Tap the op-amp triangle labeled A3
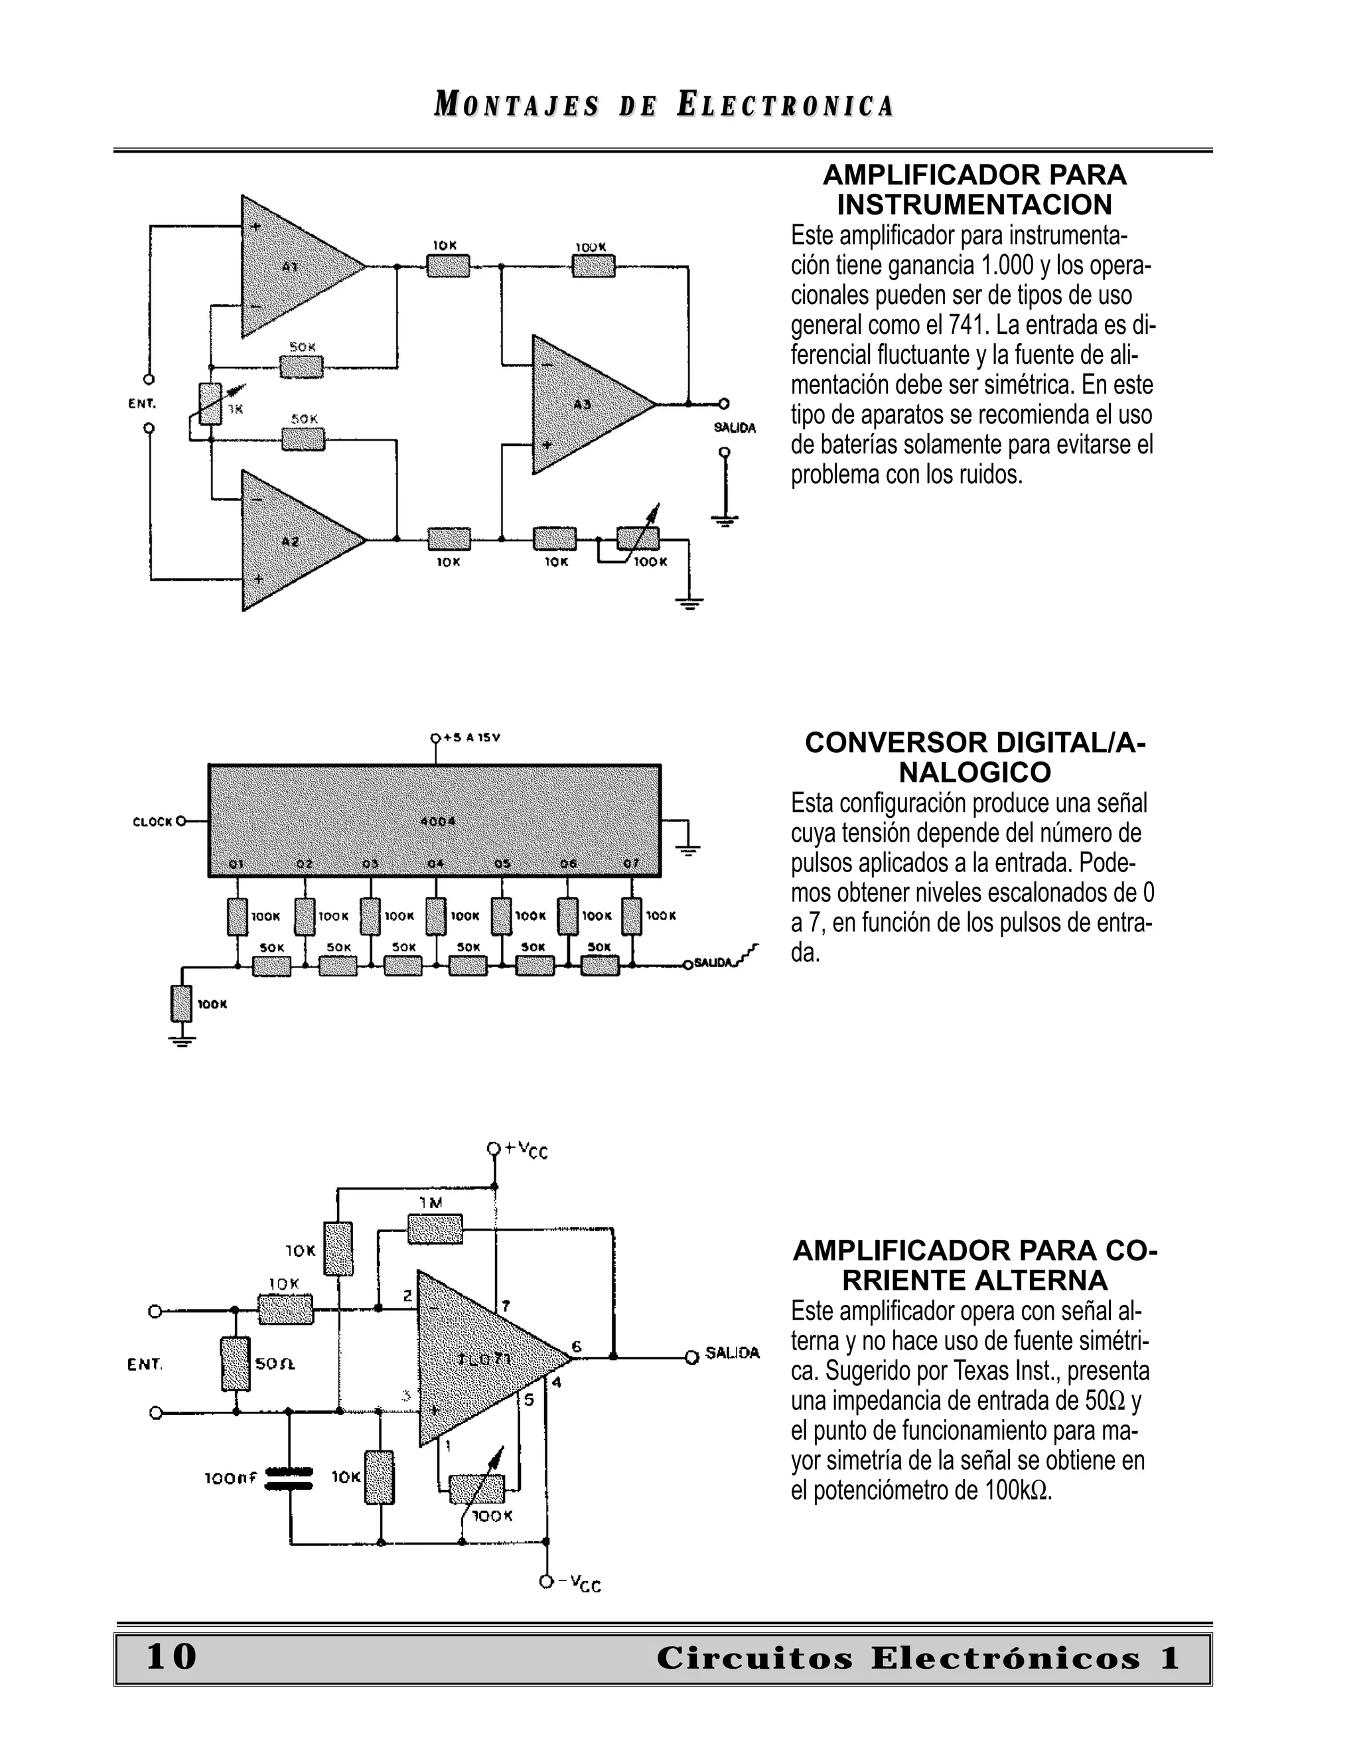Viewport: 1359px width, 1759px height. [584, 404]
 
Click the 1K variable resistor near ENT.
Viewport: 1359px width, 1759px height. [211, 404]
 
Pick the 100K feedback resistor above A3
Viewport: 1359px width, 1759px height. [593, 266]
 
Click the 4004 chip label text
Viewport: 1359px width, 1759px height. [438, 822]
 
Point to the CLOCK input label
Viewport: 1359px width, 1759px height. [152, 822]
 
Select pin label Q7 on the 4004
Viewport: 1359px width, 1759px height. [631, 864]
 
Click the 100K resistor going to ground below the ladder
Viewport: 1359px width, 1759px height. [182, 1004]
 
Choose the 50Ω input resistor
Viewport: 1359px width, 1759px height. [236, 1363]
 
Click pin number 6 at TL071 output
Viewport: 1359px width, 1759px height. [577, 1347]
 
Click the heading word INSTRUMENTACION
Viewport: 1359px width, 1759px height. [974, 204]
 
